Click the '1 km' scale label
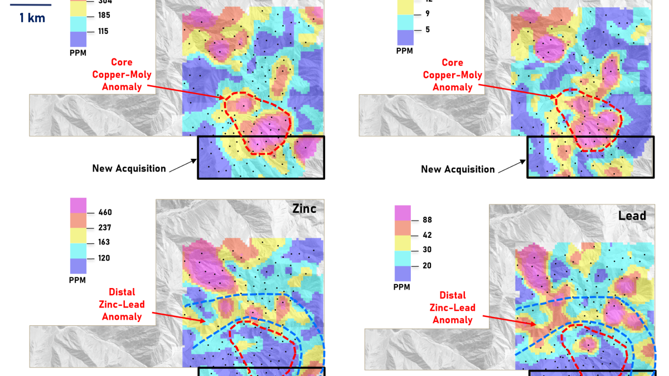(32, 18)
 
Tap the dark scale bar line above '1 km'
(31, 5)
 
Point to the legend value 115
(103, 31)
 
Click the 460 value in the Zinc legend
(104, 212)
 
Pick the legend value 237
(104, 227)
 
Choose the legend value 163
(104, 242)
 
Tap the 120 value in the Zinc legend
(104, 258)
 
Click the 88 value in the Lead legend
(428, 220)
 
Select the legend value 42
(428, 235)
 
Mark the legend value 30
(428, 250)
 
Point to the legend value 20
(428, 266)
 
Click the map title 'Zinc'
(304, 209)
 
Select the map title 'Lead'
(632, 216)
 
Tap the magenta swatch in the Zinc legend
(78, 205)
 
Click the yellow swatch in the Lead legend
(403, 243)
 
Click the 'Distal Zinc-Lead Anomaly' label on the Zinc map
(122, 304)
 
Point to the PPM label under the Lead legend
(401, 287)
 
